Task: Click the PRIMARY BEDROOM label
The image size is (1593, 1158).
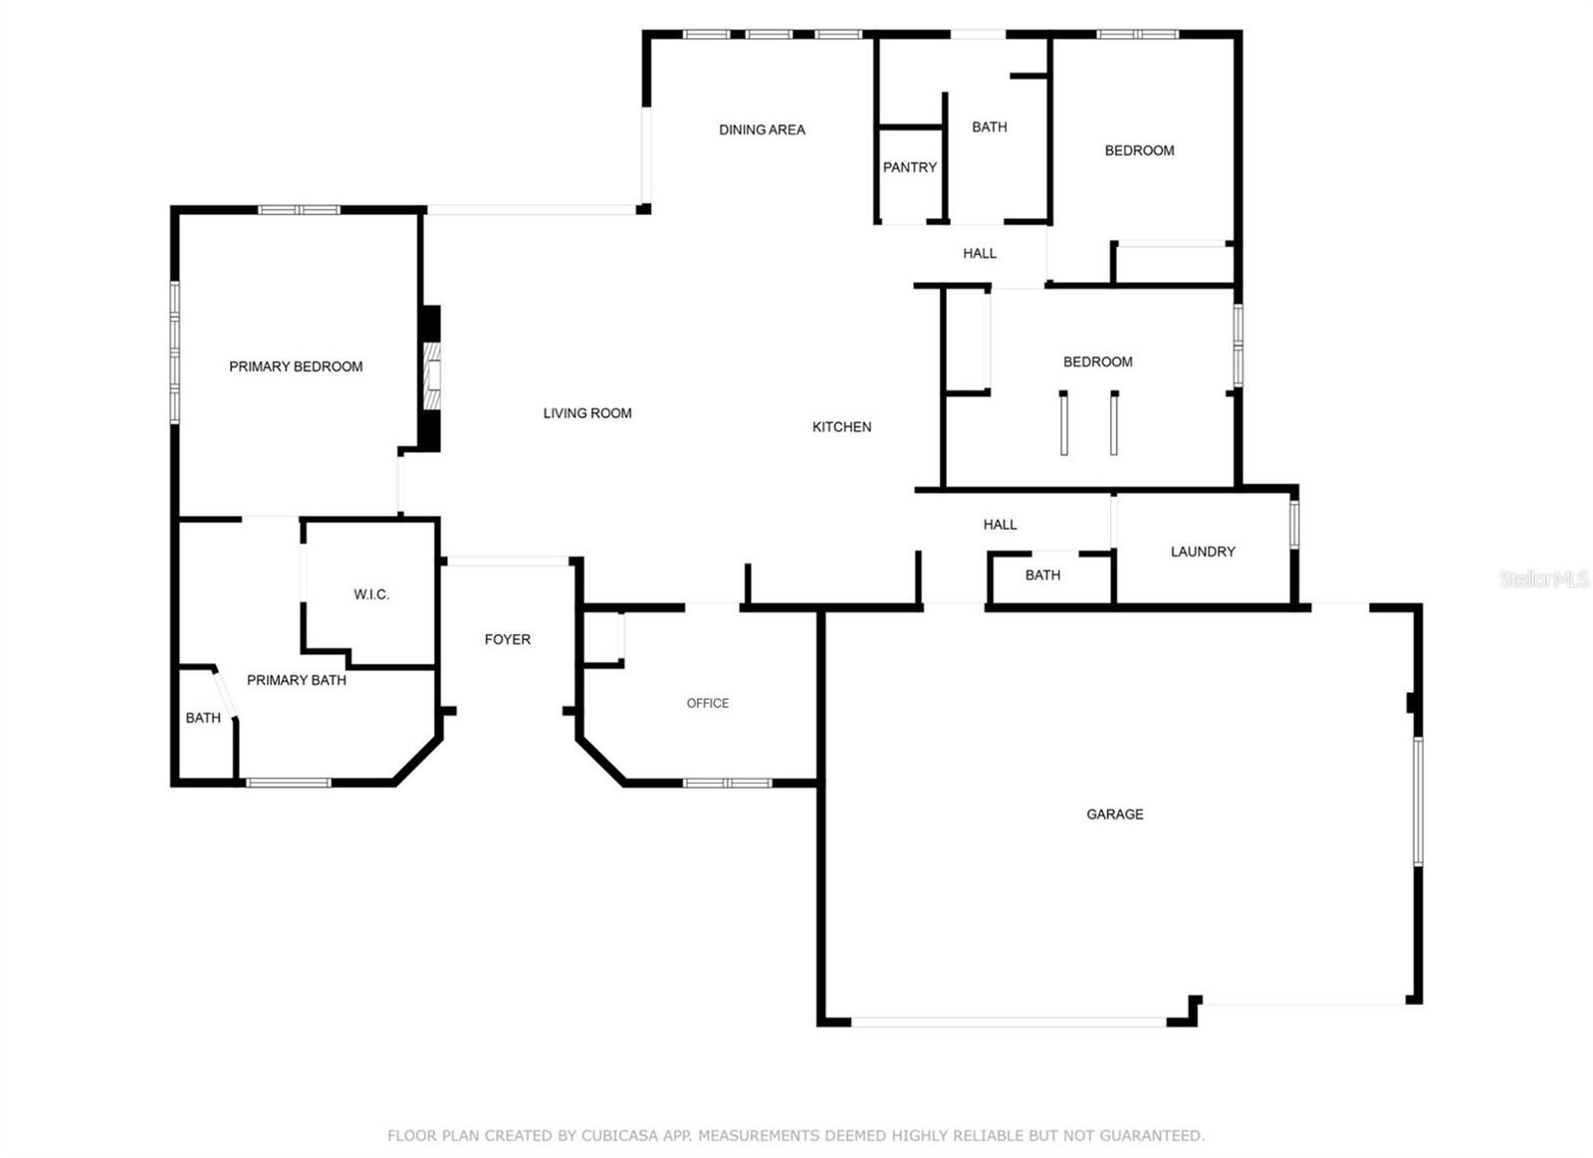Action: click(296, 366)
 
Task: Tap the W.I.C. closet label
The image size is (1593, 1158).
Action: click(371, 594)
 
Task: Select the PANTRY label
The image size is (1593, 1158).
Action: click(909, 167)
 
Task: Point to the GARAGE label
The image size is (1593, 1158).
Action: click(1114, 814)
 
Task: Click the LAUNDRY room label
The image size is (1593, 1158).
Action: click(1203, 552)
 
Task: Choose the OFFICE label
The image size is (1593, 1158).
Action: click(707, 703)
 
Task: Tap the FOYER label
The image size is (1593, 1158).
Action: click(507, 639)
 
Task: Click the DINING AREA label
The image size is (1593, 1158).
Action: click(762, 129)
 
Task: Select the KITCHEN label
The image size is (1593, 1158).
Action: click(841, 427)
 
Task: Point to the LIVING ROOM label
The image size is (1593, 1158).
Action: click(586, 413)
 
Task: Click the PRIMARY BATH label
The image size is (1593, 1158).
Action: click(296, 680)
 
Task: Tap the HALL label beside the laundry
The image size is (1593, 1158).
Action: click(1000, 525)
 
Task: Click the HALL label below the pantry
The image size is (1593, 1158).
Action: click(979, 253)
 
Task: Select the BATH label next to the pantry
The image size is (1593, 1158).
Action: click(989, 127)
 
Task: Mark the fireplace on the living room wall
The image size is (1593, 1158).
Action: click(431, 376)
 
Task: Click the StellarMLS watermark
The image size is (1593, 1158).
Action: click(1542, 579)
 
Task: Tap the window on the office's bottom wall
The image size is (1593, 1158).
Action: click(727, 783)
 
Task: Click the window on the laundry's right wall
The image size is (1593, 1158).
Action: click(1294, 523)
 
